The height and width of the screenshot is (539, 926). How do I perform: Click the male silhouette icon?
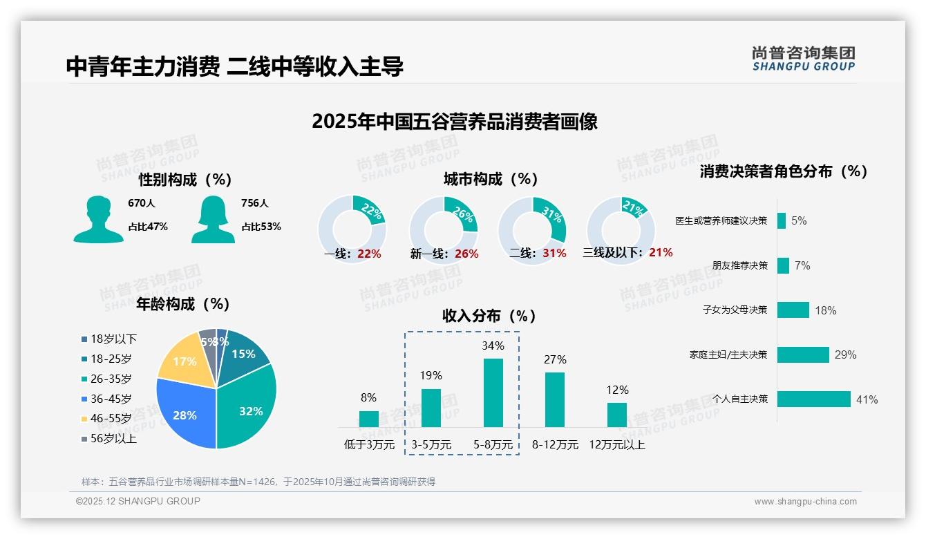[x=98, y=219]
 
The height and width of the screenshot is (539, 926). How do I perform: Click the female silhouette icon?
[x=213, y=219]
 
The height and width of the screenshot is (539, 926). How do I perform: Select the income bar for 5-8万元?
[x=493, y=393]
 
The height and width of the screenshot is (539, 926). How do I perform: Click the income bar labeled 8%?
[x=369, y=419]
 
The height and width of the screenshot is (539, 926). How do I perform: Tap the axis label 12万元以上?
[x=616, y=445]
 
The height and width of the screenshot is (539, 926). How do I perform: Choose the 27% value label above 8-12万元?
[x=555, y=359]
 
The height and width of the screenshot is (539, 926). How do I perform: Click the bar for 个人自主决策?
[x=813, y=399]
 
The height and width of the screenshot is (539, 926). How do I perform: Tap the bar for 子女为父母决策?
[x=793, y=310]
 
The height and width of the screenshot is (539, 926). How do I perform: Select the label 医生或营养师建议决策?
[x=721, y=221]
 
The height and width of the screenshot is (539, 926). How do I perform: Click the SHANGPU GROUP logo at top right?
[x=803, y=59]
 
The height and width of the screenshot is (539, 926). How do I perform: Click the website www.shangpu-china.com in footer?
[x=805, y=502]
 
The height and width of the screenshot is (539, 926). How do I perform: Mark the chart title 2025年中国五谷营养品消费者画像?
[x=454, y=122]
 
